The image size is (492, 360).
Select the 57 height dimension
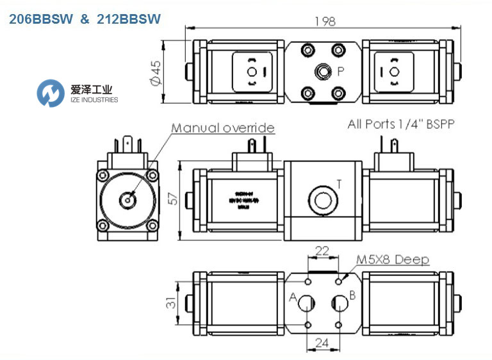click(x=173, y=199)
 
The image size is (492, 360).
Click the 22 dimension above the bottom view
click(x=324, y=250)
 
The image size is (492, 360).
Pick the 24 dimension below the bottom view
click(x=324, y=343)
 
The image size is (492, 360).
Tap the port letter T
click(x=338, y=184)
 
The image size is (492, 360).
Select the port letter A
click(x=293, y=297)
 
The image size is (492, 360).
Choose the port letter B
click(x=352, y=296)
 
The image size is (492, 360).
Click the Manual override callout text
click(x=222, y=128)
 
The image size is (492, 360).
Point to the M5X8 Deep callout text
click(x=393, y=259)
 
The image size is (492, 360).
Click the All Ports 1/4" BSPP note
click(x=400, y=124)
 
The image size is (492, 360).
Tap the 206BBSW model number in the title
click(x=39, y=19)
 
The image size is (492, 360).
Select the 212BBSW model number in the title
click(x=127, y=19)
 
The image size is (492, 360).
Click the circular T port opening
click(x=323, y=199)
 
